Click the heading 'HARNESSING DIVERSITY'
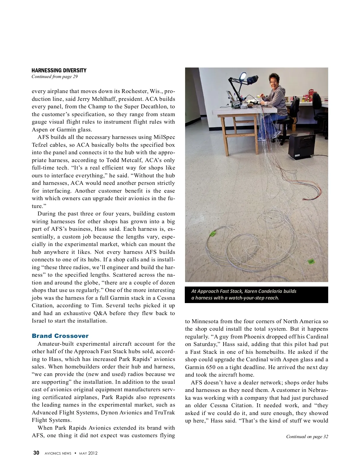59,71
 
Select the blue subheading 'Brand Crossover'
60,336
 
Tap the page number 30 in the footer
36,453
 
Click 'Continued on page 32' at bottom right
307,437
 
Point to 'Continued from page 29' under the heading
55,77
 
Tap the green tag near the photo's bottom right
311,262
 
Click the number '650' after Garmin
211,367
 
